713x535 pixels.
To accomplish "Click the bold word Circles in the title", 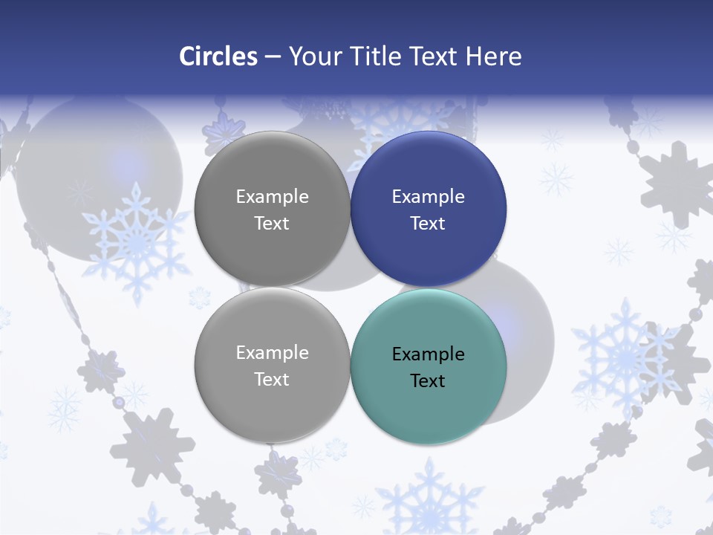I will pyautogui.click(x=218, y=56).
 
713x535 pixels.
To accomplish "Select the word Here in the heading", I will pyautogui.click(x=493, y=56).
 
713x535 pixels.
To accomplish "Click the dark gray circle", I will pyautogui.click(x=272, y=209).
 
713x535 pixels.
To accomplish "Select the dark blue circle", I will pyautogui.click(x=429, y=209).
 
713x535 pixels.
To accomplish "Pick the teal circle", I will pyautogui.click(x=429, y=366).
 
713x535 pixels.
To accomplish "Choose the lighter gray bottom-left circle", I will pyautogui.click(x=272, y=365).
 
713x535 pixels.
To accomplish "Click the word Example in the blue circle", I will pyautogui.click(x=428, y=197).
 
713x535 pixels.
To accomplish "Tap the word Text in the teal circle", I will pyautogui.click(x=428, y=381).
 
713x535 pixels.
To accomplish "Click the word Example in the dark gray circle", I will pyautogui.click(x=272, y=197).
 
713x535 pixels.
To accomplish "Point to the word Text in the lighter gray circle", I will pyautogui.click(x=272, y=380).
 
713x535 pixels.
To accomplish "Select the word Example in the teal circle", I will pyautogui.click(x=428, y=354).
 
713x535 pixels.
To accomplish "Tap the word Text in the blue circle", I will pyautogui.click(x=428, y=224).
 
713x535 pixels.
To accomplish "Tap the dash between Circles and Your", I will pyautogui.click(x=273, y=57).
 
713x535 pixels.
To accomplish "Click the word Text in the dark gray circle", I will pyautogui.click(x=272, y=224).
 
